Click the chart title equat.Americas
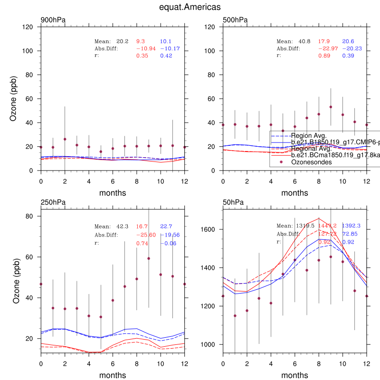pos(190,8)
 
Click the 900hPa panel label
pos(53,20)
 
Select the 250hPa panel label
pos(53,202)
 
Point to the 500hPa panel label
pos(235,20)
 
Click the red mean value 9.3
pos(141,41)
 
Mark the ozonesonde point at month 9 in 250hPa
pos(149,258)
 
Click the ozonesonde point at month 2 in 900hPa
pos(65,139)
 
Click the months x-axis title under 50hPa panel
pos(294,375)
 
